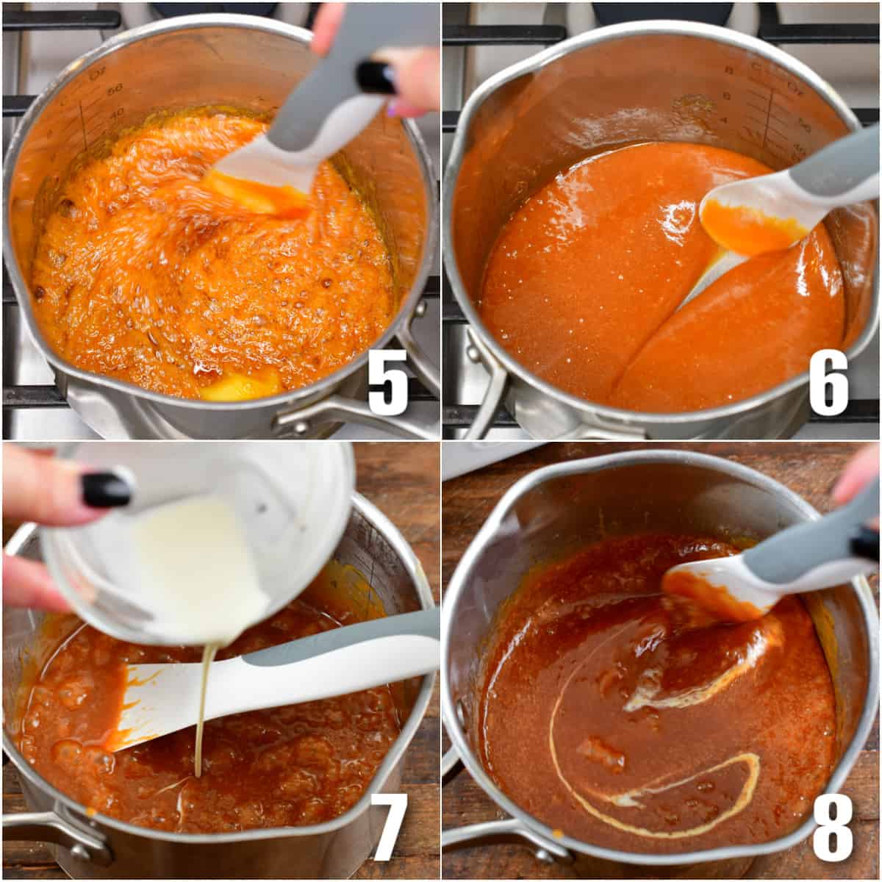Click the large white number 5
pos(387,387)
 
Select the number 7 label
pos(387,827)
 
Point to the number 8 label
pos(832,827)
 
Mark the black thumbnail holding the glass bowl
pos(107,490)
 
